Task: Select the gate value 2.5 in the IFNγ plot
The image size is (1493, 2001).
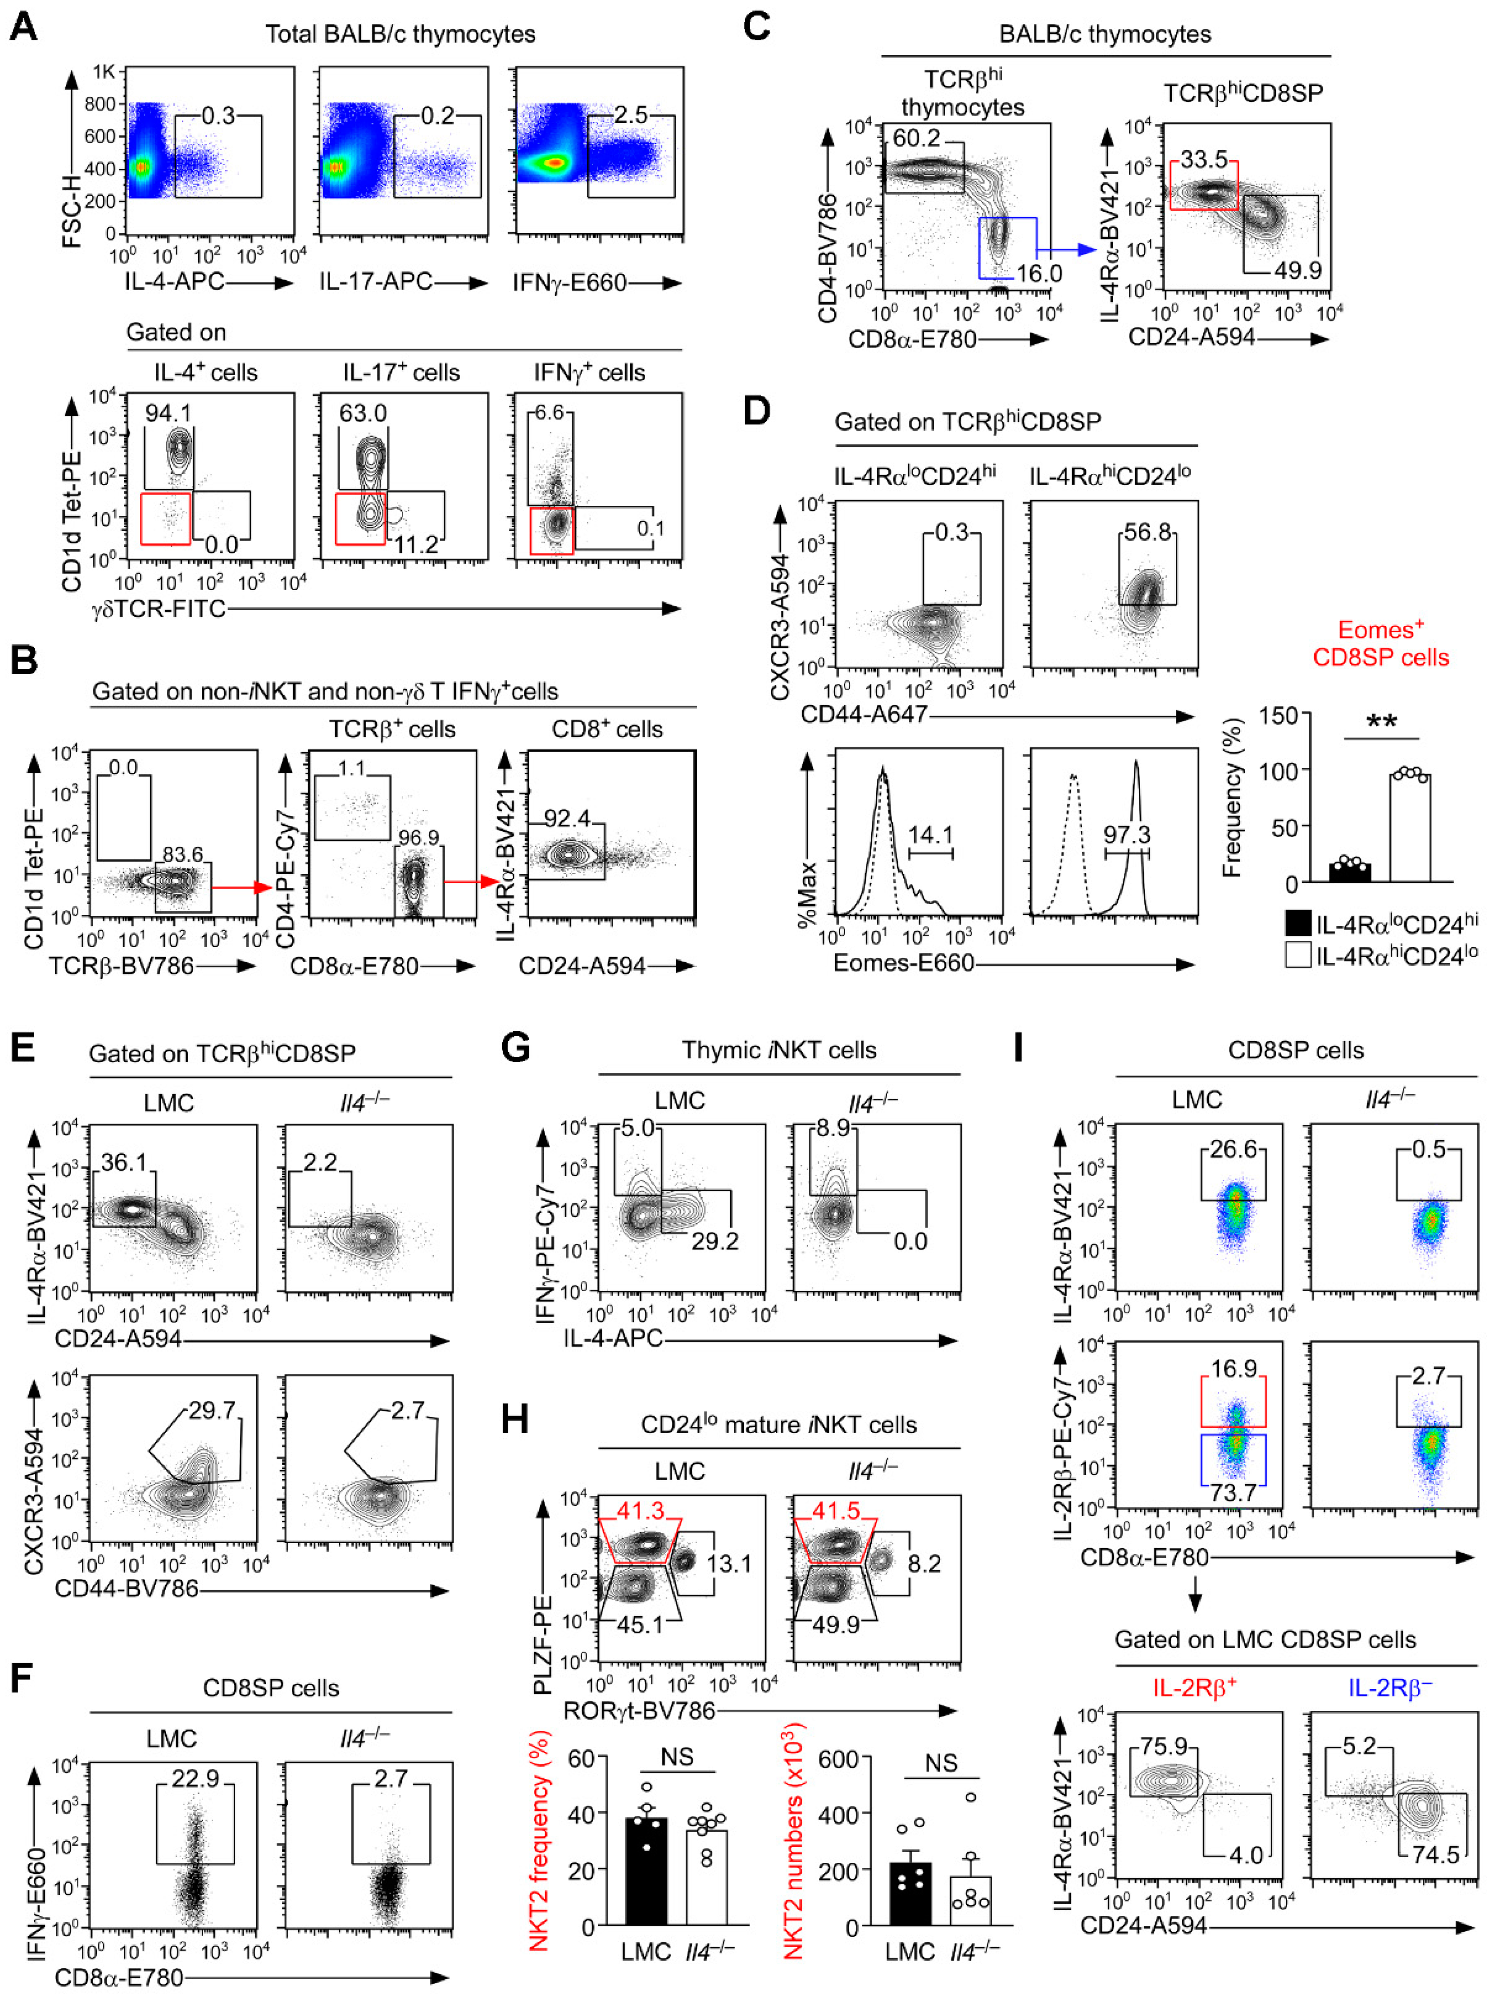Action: point(631,115)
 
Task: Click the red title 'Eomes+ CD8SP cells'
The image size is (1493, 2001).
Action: point(1380,643)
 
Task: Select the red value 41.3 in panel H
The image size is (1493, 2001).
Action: point(640,1510)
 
